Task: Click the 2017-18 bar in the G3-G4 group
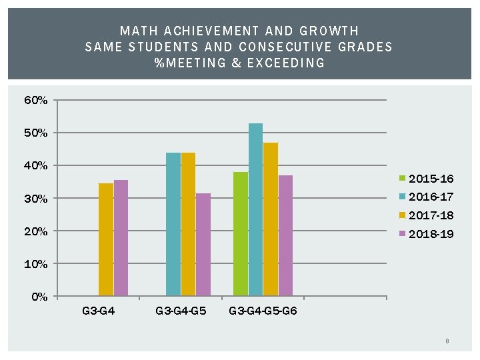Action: point(105,239)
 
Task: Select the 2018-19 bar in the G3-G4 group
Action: point(121,238)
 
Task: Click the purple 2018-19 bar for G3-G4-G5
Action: point(203,245)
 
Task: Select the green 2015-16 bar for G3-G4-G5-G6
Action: point(241,234)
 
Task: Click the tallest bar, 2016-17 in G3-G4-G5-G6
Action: point(255,209)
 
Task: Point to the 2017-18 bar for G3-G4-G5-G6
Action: point(271,219)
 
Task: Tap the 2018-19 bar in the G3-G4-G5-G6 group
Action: point(285,235)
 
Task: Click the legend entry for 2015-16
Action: point(430,179)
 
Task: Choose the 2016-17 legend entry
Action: point(430,197)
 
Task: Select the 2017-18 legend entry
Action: point(430,215)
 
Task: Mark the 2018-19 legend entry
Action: point(430,233)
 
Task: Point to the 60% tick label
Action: point(35,101)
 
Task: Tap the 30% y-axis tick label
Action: point(35,199)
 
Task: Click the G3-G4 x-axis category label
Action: point(98,311)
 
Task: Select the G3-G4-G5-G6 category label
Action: point(263,311)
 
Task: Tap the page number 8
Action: point(447,341)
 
